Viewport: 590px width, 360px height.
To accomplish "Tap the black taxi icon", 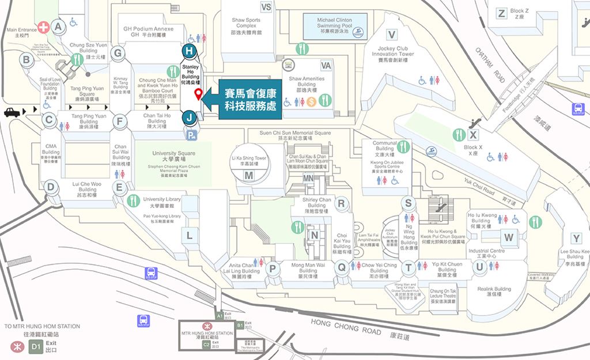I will tap(13, 112).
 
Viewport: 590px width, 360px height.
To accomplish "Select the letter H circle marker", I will tap(188, 51).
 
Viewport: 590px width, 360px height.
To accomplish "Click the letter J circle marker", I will tap(188, 118).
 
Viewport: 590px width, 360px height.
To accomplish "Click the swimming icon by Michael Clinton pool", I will tap(359, 31).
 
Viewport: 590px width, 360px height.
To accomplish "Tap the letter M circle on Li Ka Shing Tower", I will tap(248, 175).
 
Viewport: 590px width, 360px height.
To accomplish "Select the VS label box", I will tap(266, 7).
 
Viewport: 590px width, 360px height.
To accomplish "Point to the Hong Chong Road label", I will tap(346, 328).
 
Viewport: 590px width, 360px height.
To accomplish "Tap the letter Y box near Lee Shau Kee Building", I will tap(576, 238).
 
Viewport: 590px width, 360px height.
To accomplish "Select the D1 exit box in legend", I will tap(36, 346).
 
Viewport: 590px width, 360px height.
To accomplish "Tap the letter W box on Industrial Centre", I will tap(508, 237).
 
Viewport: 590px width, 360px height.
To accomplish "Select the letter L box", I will tap(189, 234).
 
